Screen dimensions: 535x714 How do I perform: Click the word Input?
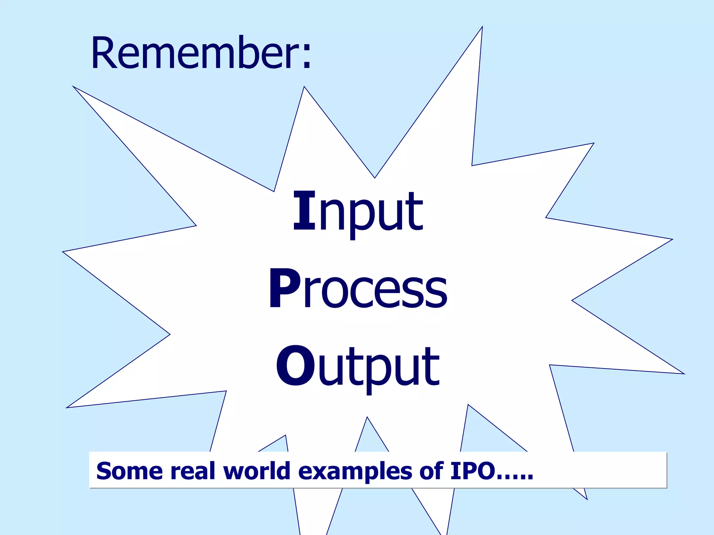(x=358, y=212)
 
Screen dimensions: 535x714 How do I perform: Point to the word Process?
(x=358, y=289)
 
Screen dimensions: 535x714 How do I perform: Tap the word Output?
(x=358, y=367)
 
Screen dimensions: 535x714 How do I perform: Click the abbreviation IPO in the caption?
(x=472, y=471)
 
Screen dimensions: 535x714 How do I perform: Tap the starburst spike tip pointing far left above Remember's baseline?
(x=74, y=87)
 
